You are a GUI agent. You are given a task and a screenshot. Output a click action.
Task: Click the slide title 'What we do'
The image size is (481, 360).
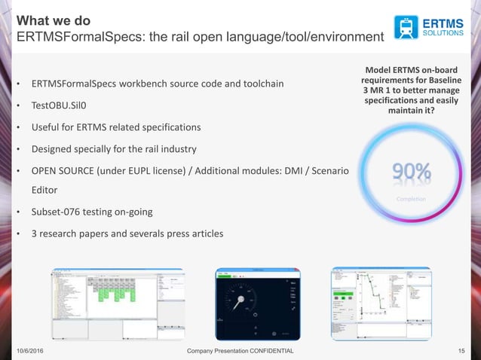54,20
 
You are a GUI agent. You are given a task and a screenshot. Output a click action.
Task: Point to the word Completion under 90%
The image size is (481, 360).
412,199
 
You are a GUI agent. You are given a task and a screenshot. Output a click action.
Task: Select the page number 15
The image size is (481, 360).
463,351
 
